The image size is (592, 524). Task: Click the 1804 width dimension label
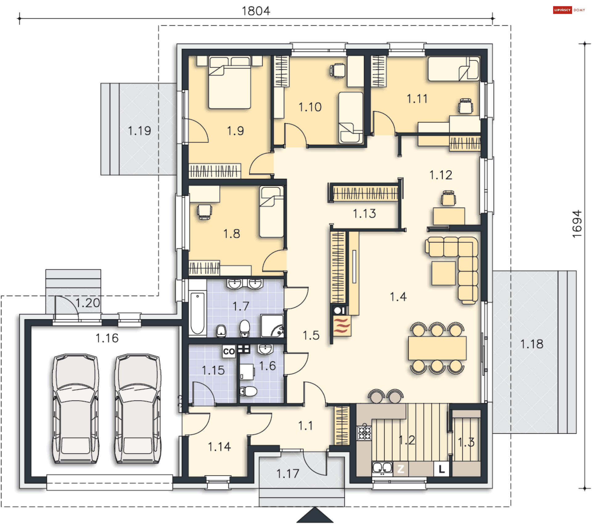tap(256, 11)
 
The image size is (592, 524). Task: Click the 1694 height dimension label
tap(577, 224)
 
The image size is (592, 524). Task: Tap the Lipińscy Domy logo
tap(569, 10)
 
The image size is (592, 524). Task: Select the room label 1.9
tap(236, 131)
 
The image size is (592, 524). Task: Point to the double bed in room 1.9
tap(230, 82)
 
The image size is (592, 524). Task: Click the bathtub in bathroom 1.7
tap(197, 313)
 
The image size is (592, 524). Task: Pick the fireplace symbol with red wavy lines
tap(342, 326)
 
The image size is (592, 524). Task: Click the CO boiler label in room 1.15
tap(229, 351)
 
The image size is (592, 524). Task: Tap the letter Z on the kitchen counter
tap(401, 469)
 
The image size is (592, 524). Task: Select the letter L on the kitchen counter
tap(442, 469)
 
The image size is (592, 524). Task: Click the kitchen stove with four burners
tap(364, 432)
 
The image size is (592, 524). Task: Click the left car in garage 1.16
tap(76, 409)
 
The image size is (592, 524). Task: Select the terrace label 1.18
tap(532, 344)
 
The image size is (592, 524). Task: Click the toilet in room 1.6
tap(248, 392)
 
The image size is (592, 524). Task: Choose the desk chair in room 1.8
tap(204, 211)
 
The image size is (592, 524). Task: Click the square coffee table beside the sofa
tap(444, 273)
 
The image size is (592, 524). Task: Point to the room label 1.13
tap(364, 214)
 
